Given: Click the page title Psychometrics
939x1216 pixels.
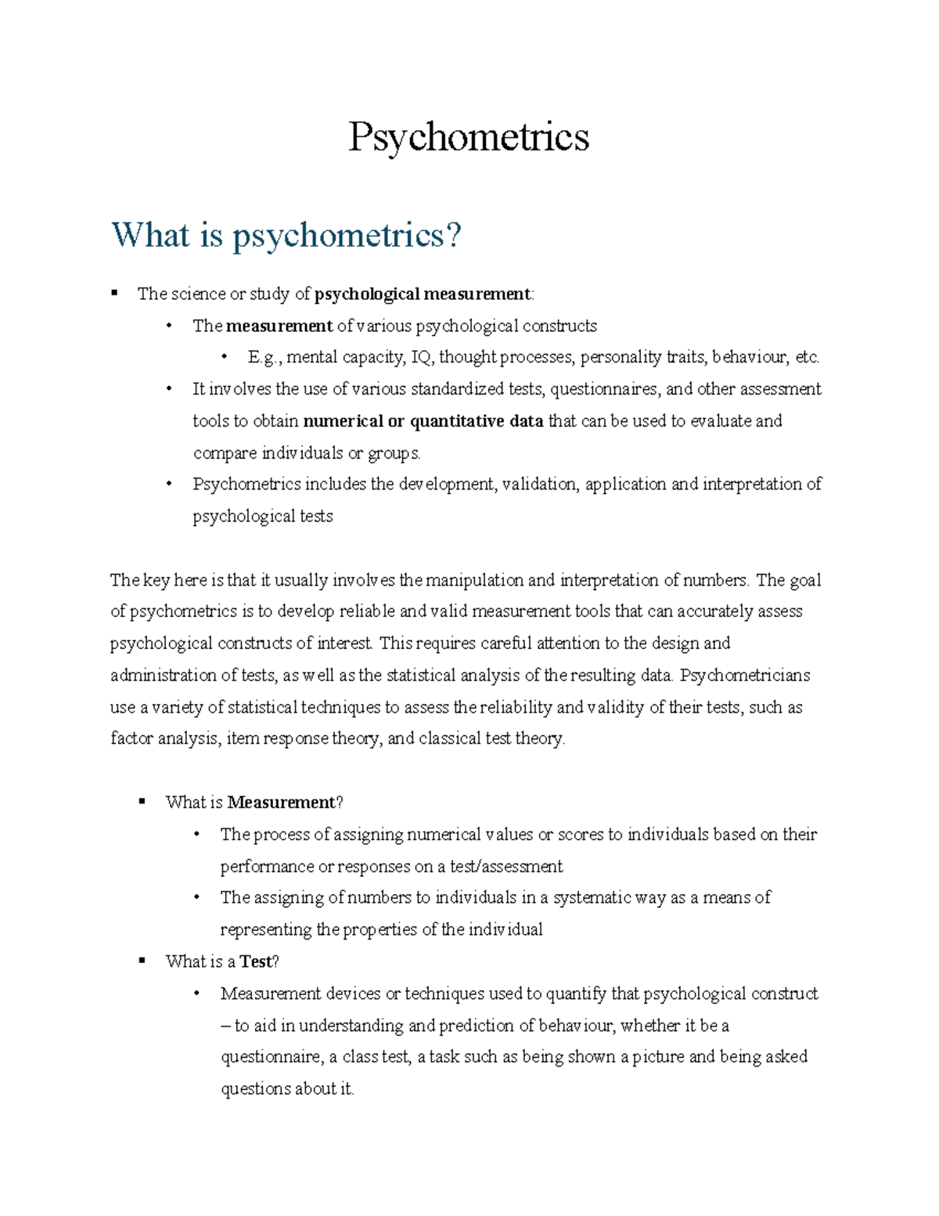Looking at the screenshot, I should (468, 137).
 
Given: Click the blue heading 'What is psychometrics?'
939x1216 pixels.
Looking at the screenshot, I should (286, 235).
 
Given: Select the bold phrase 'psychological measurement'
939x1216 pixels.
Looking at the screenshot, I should (422, 294).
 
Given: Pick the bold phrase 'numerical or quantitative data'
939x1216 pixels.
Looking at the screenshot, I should (423, 421).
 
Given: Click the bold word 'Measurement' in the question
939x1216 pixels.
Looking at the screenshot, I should (280, 803).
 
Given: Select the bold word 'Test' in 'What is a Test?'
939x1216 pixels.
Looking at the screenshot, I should (255, 962).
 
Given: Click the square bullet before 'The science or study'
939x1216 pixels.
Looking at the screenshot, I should (115, 294).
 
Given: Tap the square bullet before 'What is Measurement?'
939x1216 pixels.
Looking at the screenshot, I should (142, 802).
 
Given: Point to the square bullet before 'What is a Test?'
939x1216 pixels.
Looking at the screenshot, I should (142, 961).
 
